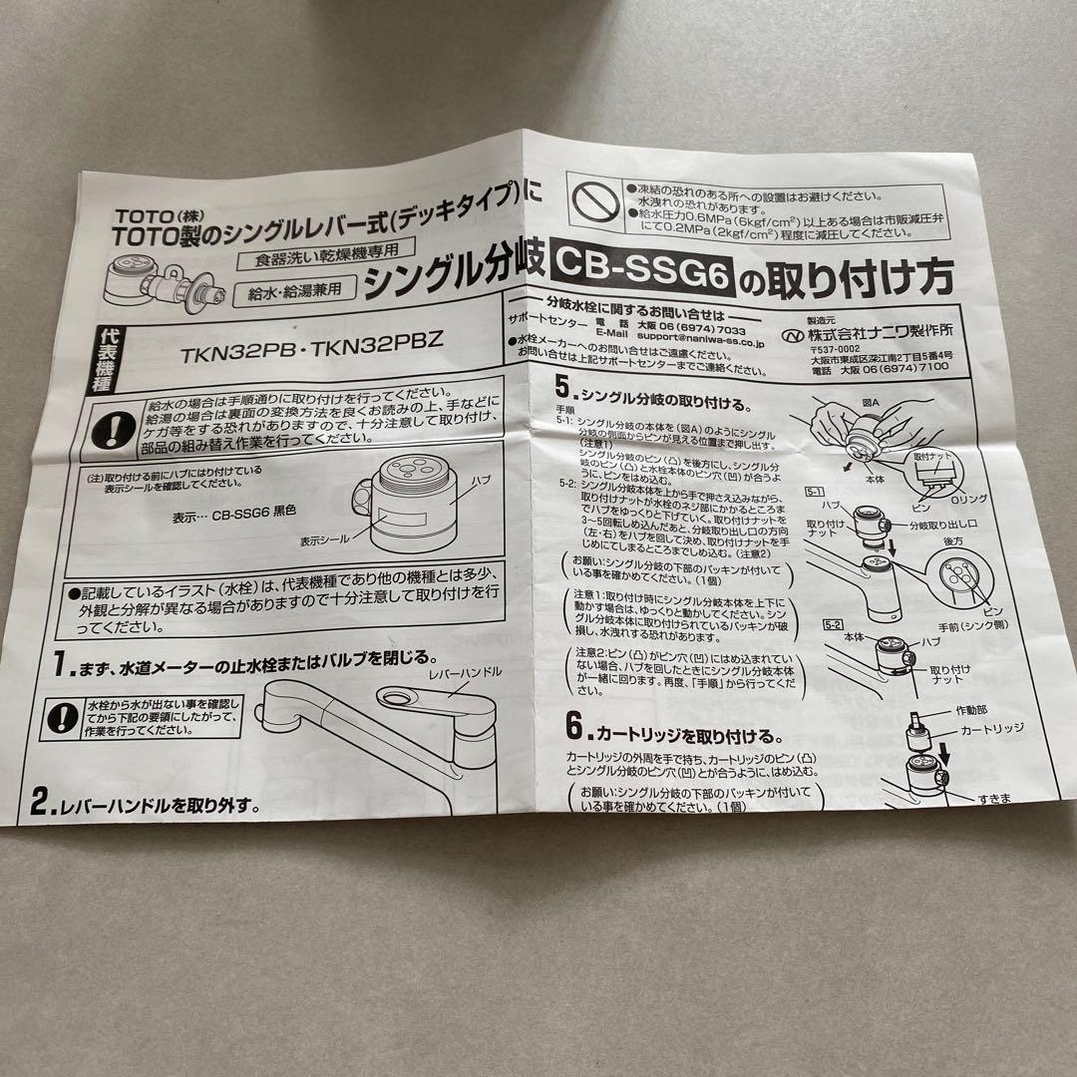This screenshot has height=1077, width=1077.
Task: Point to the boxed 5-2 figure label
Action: (831, 624)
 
